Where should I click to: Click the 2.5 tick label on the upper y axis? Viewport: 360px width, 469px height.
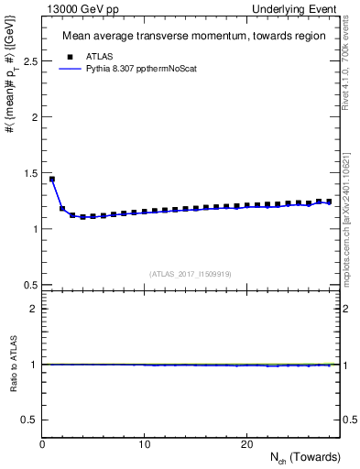click(x=29, y=60)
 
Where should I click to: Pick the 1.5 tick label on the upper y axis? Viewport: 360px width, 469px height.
click(x=29, y=173)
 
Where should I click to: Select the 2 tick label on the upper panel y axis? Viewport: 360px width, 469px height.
click(x=35, y=117)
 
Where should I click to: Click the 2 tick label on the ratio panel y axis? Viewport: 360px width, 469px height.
click(x=35, y=308)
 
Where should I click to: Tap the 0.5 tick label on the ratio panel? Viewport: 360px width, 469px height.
click(x=29, y=420)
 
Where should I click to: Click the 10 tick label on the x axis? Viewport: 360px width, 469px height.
click(x=145, y=444)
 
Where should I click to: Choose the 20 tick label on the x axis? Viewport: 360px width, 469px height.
click(x=246, y=444)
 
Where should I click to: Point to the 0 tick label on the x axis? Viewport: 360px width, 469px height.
click(x=43, y=444)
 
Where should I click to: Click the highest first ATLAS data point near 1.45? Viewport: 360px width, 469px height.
click(x=52, y=179)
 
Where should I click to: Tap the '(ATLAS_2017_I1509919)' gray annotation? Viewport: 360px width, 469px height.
click(x=191, y=273)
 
